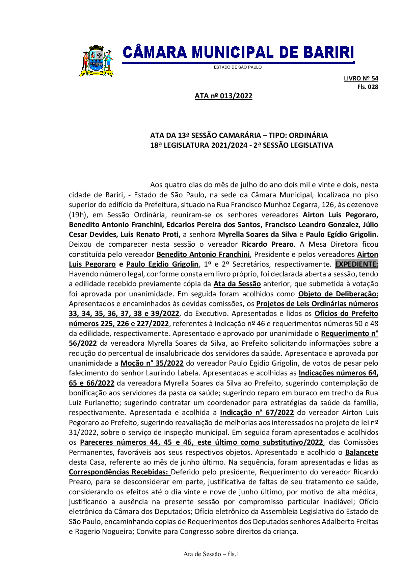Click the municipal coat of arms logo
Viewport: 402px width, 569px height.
(x=96, y=61)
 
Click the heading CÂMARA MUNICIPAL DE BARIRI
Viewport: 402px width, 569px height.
(x=238, y=53)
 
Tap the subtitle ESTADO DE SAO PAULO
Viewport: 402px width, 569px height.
(x=238, y=67)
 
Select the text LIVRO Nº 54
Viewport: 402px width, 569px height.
(x=361, y=78)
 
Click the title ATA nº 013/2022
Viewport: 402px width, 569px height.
(x=223, y=96)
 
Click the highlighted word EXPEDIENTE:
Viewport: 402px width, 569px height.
(x=356, y=264)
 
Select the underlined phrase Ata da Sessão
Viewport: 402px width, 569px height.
(x=237, y=284)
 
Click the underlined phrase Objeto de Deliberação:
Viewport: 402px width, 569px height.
(x=338, y=294)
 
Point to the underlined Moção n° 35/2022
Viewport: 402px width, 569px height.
(x=152, y=363)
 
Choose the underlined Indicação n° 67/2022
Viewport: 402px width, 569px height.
(x=257, y=413)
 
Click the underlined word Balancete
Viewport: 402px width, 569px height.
(x=361, y=452)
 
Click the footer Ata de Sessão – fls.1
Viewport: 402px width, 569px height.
(x=211, y=554)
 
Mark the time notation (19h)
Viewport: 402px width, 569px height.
(x=78, y=215)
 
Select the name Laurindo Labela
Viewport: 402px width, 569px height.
(x=172, y=373)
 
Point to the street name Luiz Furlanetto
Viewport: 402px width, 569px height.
(x=90, y=403)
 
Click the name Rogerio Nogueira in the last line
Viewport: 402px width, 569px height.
(x=103, y=531)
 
